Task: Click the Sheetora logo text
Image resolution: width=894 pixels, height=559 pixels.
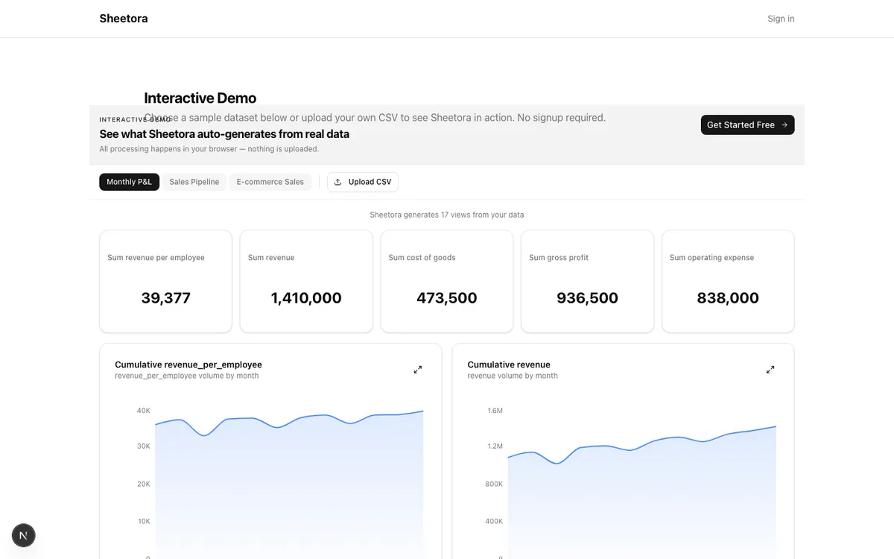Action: click(x=124, y=19)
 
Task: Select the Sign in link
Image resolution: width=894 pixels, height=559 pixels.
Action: click(x=781, y=19)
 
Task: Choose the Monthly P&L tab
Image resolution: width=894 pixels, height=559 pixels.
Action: click(x=129, y=182)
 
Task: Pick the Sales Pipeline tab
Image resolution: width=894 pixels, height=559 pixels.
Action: click(x=194, y=182)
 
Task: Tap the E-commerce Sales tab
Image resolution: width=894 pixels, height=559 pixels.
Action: click(x=270, y=182)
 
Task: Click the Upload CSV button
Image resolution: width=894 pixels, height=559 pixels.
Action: click(x=363, y=182)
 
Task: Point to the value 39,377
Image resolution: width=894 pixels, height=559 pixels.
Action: click(x=166, y=298)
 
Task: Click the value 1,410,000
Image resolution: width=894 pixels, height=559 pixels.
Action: click(x=306, y=298)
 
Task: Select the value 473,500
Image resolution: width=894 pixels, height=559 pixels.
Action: click(x=447, y=298)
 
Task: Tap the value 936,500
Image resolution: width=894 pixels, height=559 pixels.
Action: click(x=587, y=298)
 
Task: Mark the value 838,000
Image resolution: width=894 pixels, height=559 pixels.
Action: click(x=728, y=298)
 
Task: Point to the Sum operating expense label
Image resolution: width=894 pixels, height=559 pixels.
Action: click(x=711, y=258)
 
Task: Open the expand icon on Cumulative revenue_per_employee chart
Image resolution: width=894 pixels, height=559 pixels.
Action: click(x=418, y=370)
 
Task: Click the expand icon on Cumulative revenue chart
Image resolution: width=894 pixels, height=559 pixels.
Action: click(x=770, y=370)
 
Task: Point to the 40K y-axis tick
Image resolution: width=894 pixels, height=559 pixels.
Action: click(x=144, y=411)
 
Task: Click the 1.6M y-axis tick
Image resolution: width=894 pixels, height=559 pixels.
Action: click(x=495, y=411)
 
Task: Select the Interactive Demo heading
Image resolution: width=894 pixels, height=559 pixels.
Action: click(x=200, y=98)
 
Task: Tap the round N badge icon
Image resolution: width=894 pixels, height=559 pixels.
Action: click(x=24, y=535)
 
